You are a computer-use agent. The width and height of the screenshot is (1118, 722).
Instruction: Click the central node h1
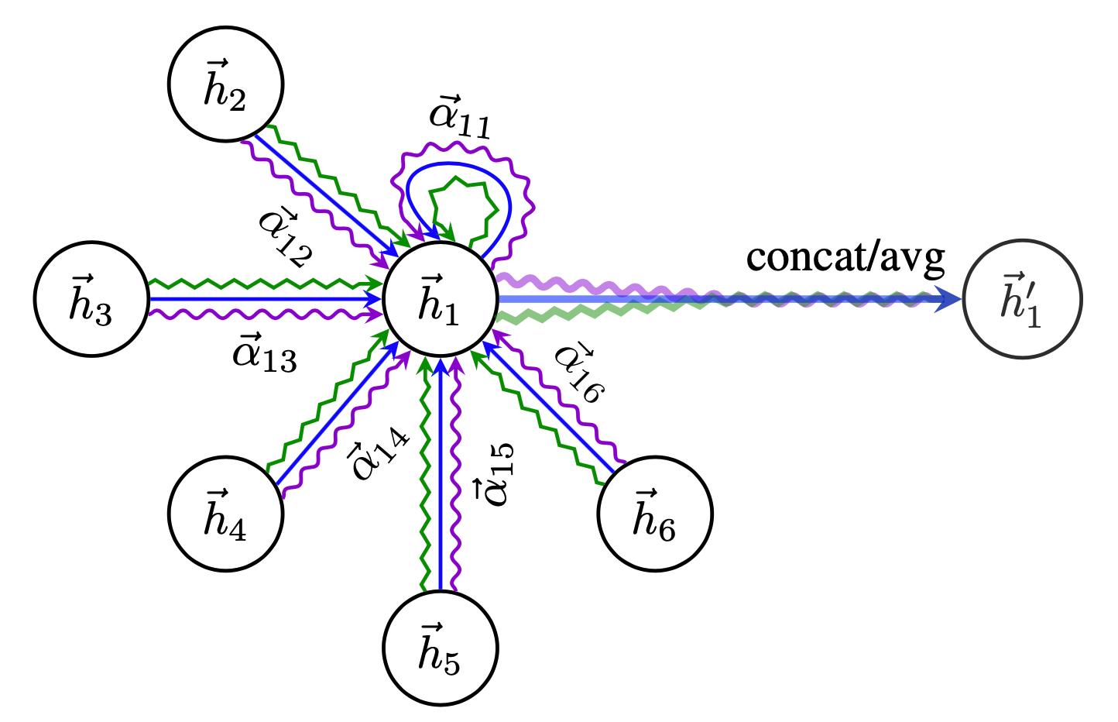[x=441, y=299]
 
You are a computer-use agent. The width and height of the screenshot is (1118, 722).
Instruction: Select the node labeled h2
[x=225, y=84]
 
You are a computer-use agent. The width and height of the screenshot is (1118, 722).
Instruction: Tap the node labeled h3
[x=92, y=299]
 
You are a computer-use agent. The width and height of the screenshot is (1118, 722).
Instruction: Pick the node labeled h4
[x=225, y=514]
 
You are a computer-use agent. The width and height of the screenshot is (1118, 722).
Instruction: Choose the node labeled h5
[x=441, y=648]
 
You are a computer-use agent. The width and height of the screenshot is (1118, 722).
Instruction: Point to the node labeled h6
[x=655, y=514]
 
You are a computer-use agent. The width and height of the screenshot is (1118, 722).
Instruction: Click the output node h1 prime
[x=1022, y=299]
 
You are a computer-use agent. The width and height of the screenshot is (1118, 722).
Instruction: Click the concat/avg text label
[x=845, y=259]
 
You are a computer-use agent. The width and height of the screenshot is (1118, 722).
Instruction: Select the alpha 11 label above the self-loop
[x=460, y=117]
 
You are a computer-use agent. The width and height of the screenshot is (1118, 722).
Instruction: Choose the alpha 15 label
[x=493, y=474]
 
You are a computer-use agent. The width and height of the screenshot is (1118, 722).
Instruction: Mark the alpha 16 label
[x=580, y=373]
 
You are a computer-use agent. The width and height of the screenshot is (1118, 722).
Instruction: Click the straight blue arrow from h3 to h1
[x=266, y=299]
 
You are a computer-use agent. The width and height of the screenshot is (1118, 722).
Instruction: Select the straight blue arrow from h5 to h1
[x=441, y=474]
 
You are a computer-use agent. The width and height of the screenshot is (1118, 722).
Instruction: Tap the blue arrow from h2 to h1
[x=326, y=194]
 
